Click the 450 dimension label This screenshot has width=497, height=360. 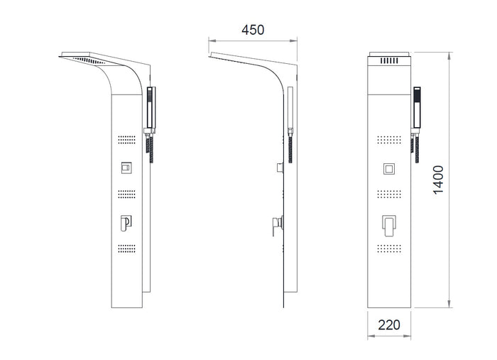tap(253, 30)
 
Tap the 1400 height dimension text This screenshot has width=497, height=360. tap(438, 180)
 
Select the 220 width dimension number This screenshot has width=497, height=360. tap(389, 324)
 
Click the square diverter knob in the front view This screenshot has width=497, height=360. tap(389, 169)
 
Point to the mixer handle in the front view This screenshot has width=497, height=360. tap(389, 226)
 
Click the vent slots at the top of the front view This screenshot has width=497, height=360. tap(389, 60)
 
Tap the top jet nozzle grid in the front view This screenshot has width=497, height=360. tap(389, 140)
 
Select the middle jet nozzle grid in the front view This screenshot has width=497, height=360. tap(389, 194)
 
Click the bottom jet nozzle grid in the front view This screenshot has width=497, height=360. tap(389, 249)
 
